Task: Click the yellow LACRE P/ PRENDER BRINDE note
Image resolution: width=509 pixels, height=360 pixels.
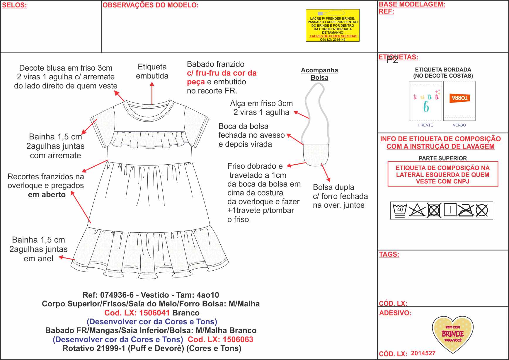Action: [333, 25]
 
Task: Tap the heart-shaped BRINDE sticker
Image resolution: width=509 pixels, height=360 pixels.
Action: [453, 334]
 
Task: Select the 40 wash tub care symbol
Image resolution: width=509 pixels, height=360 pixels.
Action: [400, 210]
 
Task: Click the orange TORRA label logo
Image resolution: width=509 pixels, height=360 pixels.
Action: [459, 98]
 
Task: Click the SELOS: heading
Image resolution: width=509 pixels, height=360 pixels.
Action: [14, 5]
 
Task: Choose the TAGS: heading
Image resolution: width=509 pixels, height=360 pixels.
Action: [389, 254]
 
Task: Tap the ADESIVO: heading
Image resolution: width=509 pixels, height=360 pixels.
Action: [395, 313]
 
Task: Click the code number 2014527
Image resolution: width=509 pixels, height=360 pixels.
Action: [423, 353]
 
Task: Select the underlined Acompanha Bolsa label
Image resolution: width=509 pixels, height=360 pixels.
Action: [319, 74]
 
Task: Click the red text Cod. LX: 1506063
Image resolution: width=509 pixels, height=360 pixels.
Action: [220, 339]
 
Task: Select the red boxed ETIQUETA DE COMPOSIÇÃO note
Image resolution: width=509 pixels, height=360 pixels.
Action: [443, 174]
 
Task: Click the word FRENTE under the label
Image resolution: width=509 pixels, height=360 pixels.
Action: [425, 125]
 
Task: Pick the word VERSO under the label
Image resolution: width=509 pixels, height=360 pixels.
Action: [459, 125]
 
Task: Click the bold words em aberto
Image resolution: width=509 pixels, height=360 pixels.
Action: [47, 194]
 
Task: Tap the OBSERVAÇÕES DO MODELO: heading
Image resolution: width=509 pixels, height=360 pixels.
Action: [150, 5]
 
